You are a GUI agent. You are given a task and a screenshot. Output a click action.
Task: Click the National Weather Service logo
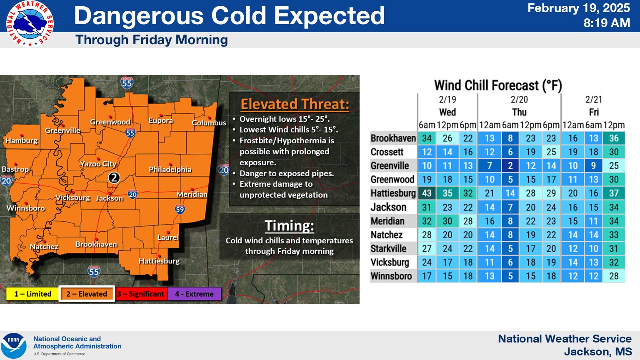30,24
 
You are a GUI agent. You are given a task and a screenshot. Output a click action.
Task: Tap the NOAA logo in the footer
14,345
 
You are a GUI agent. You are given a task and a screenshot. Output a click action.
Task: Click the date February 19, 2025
578,8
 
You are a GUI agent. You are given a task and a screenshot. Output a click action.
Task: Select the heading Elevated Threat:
295,104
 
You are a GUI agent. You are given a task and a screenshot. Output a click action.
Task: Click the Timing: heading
289,226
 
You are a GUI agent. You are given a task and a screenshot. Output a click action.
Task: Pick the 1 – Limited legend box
32,294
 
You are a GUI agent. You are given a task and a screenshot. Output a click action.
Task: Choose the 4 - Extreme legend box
194,294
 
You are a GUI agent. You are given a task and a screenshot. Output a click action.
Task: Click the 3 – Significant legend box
141,294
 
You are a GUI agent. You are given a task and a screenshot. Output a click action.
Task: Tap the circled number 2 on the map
114,178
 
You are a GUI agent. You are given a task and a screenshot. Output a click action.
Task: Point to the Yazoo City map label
98,164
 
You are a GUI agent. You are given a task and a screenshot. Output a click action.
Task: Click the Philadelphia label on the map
170,170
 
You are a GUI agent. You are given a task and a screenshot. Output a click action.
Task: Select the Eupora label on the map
160,120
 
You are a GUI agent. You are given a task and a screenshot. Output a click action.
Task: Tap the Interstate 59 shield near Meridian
180,209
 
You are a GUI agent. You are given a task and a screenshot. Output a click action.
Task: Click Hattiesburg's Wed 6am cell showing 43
427,193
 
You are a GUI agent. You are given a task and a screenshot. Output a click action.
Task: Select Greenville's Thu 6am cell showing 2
510,166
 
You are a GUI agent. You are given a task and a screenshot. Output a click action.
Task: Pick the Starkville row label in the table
388,249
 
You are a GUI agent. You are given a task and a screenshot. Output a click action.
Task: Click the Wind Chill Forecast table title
498,85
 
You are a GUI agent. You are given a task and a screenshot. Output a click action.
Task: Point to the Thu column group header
519,112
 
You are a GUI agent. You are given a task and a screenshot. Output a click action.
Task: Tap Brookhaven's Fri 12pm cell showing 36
614,138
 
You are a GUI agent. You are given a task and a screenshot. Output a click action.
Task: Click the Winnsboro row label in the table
391,276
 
